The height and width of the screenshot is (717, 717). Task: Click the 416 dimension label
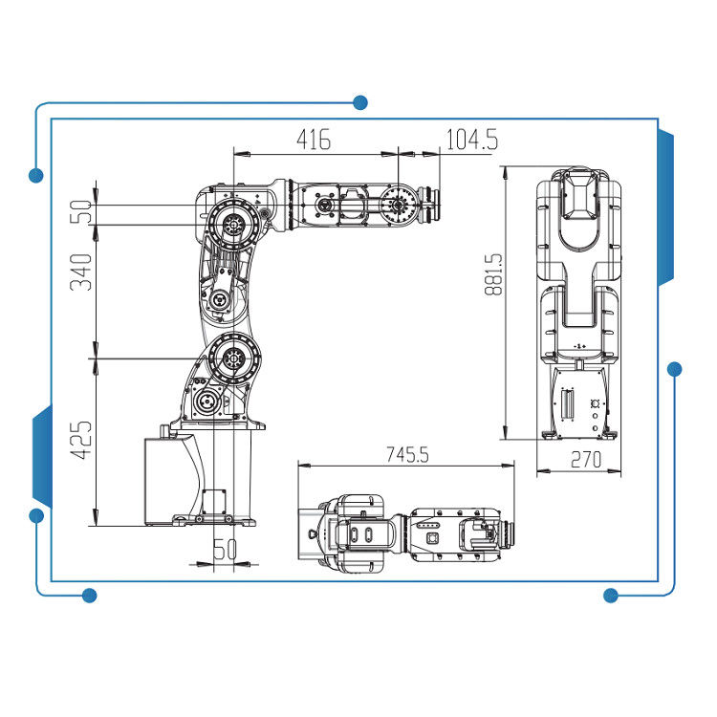pyautogui.click(x=314, y=140)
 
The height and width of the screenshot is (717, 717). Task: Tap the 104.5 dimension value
pyautogui.click(x=471, y=140)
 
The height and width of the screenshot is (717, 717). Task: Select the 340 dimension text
pyautogui.click(x=81, y=272)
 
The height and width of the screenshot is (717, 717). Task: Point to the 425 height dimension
pyautogui.click(x=81, y=440)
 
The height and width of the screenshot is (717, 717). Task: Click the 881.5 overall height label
pyautogui.click(x=494, y=274)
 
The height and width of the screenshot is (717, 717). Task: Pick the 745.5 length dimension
pyautogui.click(x=407, y=454)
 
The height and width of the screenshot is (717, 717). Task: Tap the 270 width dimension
pyautogui.click(x=586, y=460)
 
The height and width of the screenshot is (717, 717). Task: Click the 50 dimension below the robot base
pyautogui.click(x=226, y=549)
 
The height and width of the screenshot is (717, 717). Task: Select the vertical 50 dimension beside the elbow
pyautogui.click(x=81, y=211)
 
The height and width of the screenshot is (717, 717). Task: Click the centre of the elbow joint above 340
pyautogui.click(x=233, y=225)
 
